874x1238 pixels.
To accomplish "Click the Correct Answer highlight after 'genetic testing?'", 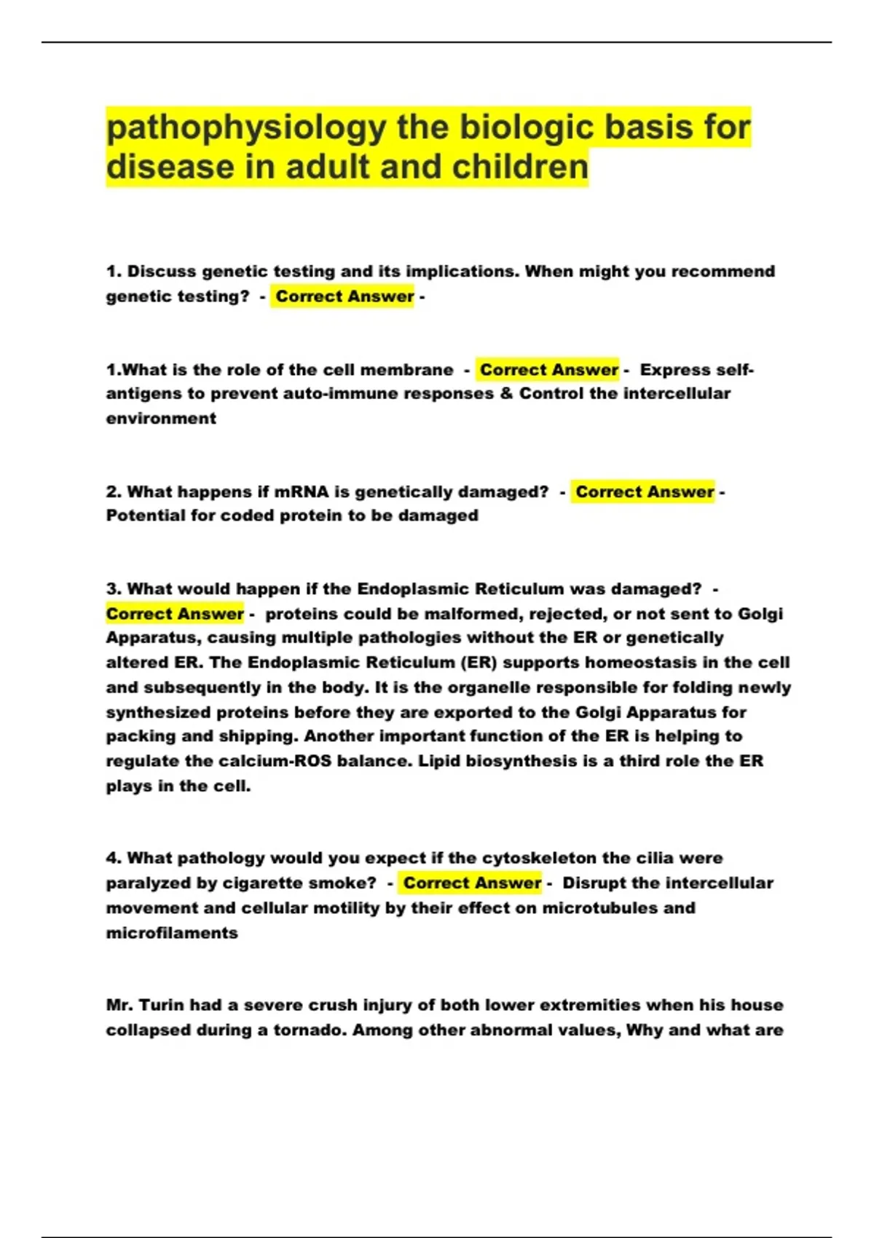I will (344, 296).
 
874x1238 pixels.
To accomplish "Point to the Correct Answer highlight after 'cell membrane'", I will (548, 370).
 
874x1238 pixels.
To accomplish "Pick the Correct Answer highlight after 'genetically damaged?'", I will (644, 492).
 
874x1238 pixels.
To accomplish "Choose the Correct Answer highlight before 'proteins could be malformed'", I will (175, 614).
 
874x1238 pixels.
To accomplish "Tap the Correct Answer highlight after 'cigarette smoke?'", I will (472, 883).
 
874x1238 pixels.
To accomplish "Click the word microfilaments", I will (172, 933).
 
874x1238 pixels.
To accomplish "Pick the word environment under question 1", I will (161, 419).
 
